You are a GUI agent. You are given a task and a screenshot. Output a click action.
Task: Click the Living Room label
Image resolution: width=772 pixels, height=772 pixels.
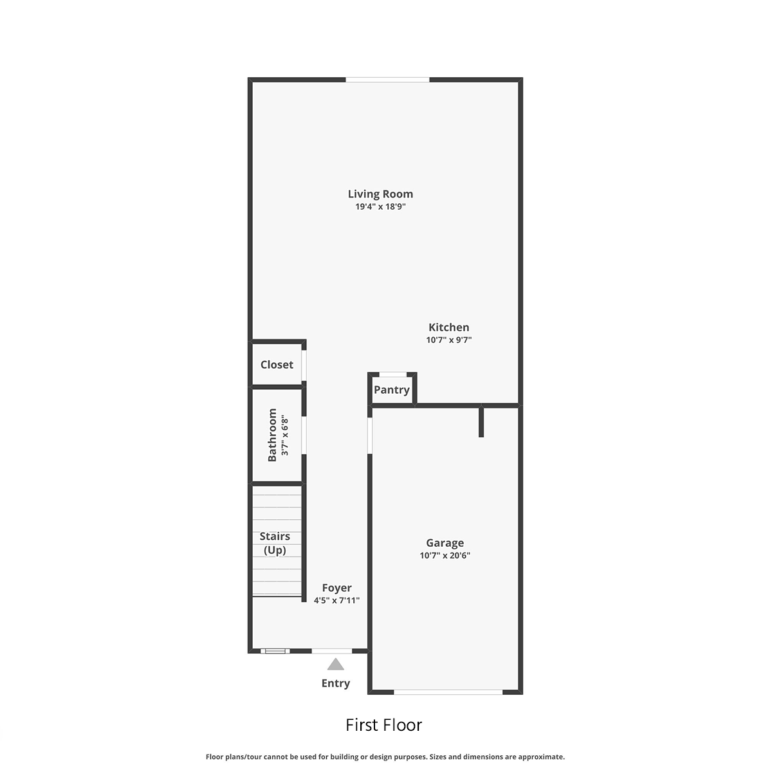(380, 194)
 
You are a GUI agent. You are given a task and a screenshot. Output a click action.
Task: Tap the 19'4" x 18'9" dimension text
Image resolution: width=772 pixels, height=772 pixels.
(380, 207)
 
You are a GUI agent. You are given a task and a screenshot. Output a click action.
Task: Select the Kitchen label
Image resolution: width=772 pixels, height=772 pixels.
(448, 327)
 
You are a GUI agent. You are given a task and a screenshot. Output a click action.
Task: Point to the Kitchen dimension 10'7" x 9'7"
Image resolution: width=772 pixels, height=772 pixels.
(448, 340)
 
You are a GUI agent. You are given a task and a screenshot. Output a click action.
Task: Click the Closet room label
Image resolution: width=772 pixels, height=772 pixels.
(277, 365)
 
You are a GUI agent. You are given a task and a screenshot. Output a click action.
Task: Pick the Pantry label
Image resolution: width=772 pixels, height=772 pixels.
(391, 390)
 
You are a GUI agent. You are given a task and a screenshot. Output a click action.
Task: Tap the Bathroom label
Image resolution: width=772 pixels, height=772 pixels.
(272, 435)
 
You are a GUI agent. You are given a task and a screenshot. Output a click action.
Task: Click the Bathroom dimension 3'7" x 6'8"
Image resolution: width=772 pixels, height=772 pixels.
(284, 435)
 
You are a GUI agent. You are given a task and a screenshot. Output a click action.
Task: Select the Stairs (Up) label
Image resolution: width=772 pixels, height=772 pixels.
(275, 543)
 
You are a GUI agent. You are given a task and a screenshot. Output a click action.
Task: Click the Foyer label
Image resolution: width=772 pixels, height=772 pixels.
(336, 588)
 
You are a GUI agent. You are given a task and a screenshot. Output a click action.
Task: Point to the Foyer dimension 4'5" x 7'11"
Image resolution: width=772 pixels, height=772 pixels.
(336, 600)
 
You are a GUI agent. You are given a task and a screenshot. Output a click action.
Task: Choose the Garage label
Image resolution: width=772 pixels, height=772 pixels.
(445, 543)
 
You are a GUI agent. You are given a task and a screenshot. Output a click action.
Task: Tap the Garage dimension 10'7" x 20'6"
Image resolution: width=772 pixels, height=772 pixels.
(445, 555)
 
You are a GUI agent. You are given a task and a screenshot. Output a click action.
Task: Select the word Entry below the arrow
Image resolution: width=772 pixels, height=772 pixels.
(335, 683)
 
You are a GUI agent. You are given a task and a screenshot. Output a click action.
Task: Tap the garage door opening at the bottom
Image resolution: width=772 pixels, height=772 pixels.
(448, 692)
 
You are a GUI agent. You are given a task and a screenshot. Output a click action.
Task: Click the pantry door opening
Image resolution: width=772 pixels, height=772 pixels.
(392, 374)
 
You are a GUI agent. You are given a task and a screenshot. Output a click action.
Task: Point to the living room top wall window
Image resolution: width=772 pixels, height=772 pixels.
(387, 80)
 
